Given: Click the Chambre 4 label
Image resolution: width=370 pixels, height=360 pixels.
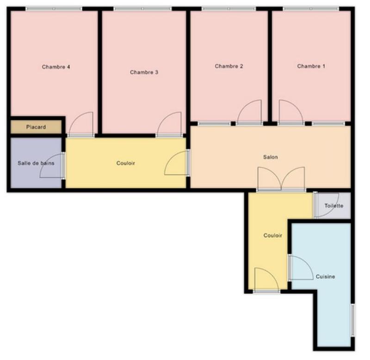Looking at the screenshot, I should (56, 67).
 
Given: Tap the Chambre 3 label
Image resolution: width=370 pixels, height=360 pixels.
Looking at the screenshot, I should (144, 72).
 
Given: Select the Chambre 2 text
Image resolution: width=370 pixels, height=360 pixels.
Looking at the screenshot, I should (229, 67).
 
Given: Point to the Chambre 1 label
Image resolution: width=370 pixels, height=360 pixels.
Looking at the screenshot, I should (311, 67).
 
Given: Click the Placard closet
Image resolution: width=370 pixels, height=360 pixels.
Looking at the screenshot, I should (36, 127).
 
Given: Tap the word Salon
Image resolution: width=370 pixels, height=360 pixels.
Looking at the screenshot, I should (271, 157).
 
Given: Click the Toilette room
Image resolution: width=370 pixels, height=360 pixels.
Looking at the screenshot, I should (333, 206).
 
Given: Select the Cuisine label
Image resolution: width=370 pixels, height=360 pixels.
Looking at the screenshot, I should (326, 277).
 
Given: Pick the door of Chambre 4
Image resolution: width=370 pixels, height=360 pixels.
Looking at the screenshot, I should (81, 124).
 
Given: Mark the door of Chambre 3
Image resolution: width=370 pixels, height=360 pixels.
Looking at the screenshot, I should (169, 124).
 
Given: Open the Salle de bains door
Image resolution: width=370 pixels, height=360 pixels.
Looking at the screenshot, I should (52, 165).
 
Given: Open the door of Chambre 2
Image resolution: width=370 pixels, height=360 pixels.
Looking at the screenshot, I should (250, 113).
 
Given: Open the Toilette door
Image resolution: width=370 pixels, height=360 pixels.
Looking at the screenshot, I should (327, 205).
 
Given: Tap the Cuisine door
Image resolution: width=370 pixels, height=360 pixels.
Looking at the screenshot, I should (302, 268).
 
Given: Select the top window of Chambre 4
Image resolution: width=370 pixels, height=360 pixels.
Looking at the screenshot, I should (54, 9).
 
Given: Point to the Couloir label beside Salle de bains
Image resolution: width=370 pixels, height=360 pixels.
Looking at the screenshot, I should (126, 163).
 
